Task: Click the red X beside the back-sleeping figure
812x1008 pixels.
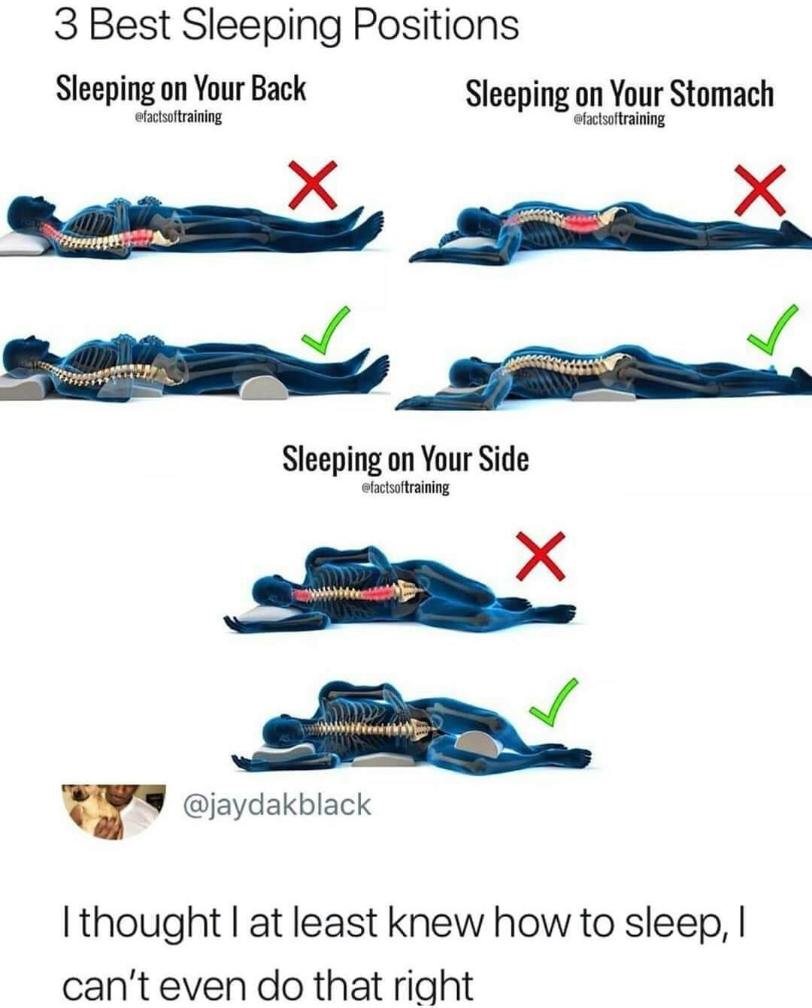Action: point(312,185)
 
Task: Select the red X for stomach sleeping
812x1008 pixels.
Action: point(760,190)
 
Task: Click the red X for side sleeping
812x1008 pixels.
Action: point(541,556)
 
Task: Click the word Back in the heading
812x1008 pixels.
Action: point(278,89)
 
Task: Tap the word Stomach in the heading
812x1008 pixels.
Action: point(722,93)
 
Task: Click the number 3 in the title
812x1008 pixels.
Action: point(65,26)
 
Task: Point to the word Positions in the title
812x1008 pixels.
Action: point(435,26)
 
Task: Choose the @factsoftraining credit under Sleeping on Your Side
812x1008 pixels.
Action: point(405,487)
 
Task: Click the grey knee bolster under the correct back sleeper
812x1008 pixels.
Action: point(265,387)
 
